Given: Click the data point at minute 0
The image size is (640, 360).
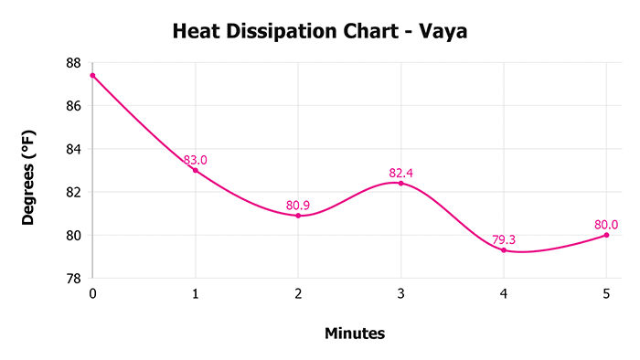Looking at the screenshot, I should [x=92, y=75].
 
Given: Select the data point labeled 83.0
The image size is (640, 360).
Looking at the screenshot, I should [x=195, y=170].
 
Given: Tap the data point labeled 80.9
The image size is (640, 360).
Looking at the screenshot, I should [x=298, y=216].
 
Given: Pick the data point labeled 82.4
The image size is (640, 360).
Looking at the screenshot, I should [x=400, y=183].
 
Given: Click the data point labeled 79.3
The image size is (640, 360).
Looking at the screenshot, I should [x=504, y=250].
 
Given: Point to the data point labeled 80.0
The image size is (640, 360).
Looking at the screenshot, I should [x=606, y=235].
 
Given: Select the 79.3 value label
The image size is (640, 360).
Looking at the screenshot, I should [x=504, y=240].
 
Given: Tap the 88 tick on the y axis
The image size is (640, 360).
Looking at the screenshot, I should [x=73, y=63].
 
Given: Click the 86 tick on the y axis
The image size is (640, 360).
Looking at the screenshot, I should [x=73, y=106].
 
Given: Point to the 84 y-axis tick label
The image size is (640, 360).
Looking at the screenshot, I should [x=73, y=149].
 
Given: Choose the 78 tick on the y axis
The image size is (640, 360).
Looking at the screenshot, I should [x=73, y=278].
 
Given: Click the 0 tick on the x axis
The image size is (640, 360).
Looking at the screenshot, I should [x=92, y=292].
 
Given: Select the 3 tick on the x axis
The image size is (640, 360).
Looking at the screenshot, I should [x=400, y=292].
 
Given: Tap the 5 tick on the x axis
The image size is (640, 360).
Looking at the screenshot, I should [x=606, y=292].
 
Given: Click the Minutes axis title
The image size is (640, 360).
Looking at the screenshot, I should [x=355, y=334].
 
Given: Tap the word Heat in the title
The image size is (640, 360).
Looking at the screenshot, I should [x=196, y=33].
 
